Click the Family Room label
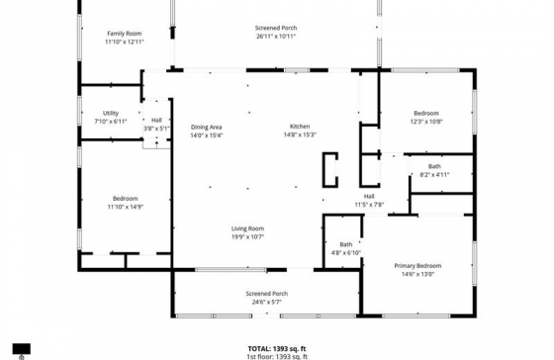125,34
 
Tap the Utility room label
111,113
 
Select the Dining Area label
207,128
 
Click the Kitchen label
300,127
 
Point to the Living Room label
247,228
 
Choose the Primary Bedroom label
417,266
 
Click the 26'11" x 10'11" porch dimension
276,36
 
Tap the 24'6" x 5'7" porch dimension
267,302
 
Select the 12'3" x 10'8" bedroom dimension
426,122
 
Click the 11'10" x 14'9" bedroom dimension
125,207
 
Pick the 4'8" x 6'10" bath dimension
346,253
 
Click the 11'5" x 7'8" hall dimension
369,205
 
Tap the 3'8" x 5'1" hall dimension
156,129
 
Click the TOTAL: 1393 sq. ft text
277,349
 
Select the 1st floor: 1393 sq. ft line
277,356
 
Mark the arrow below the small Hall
157,143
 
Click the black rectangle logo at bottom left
22,349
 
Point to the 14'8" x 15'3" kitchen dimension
300,135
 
